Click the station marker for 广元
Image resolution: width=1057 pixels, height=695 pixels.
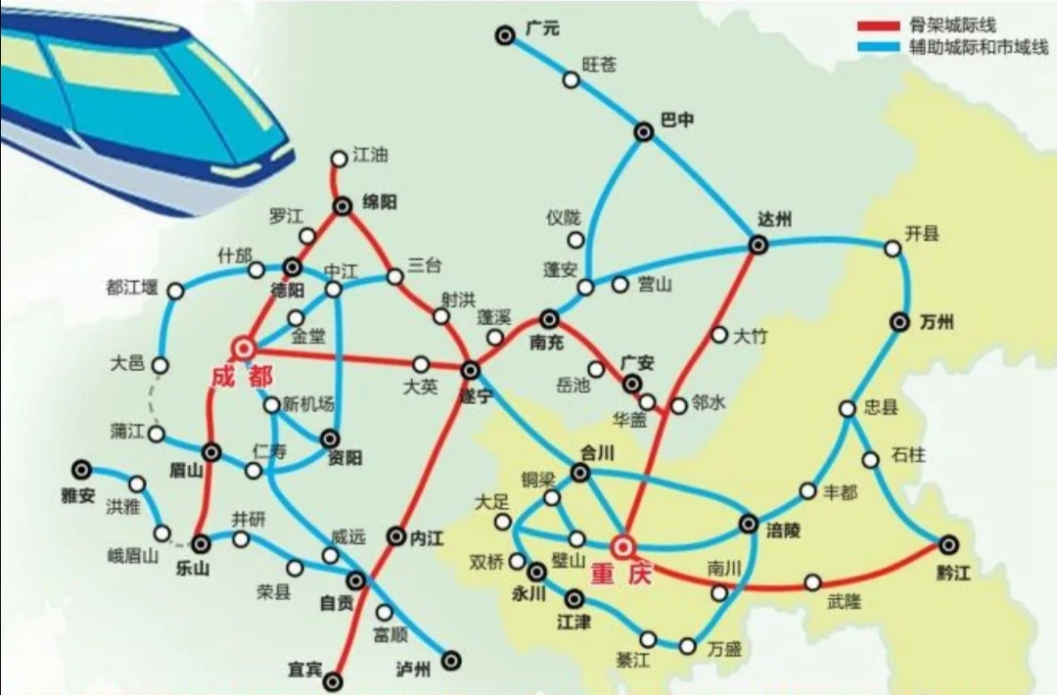click(505, 36)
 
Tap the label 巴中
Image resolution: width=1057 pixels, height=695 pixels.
click(677, 120)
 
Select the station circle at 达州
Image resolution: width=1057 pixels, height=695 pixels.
click(758, 245)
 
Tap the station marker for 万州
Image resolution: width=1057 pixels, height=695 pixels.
click(900, 320)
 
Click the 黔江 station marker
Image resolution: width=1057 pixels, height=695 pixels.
click(947, 543)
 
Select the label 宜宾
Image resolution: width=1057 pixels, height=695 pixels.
click(304, 669)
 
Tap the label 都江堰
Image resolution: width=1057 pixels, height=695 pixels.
click(131, 288)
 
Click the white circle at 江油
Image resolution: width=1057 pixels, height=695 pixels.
click(339, 158)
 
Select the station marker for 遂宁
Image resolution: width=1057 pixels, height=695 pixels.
click(471, 369)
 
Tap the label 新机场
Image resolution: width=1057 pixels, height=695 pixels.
click(308, 404)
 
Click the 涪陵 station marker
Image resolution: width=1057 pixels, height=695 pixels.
click(749, 524)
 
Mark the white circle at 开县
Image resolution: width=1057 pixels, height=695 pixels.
click(893, 249)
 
